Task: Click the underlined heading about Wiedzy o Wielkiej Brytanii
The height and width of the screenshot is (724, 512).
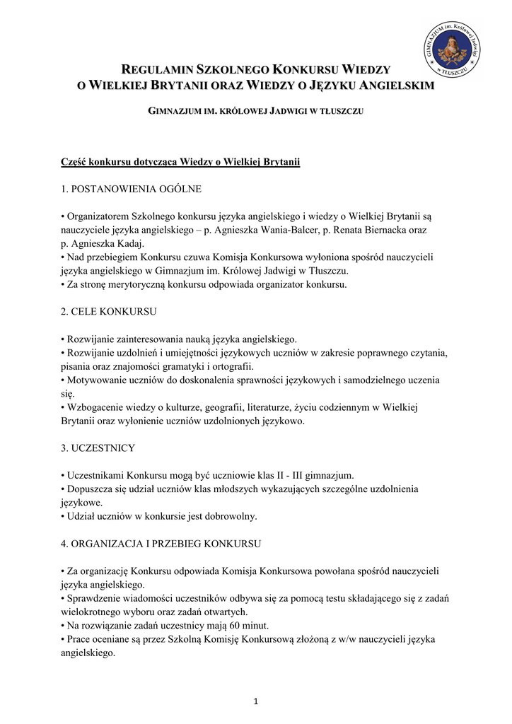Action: [x=180, y=163]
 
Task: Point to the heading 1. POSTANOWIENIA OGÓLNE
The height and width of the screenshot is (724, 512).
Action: [x=131, y=189]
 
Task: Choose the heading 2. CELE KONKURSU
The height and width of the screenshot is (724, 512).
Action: [x=108, y=311]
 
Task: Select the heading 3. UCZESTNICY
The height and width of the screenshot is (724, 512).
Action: [x=98, y=448]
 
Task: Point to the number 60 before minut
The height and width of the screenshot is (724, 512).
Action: [x=235, y=626]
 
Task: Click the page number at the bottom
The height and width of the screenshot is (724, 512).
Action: [x=256, y=701]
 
